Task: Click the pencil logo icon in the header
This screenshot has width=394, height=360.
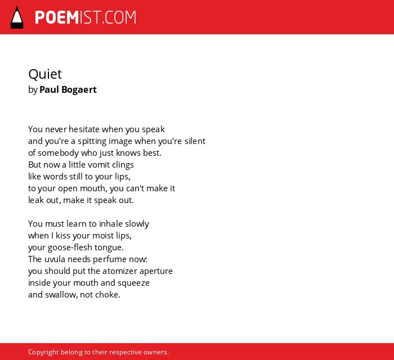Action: (17, 17)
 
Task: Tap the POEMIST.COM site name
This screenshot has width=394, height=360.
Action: (86, 17)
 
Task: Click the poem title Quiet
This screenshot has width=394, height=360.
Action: (45, 75)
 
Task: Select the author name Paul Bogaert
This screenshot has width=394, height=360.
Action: (68, 89)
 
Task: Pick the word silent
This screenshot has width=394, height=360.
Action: (195, 141)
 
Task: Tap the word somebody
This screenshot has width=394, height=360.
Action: (58, 153)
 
